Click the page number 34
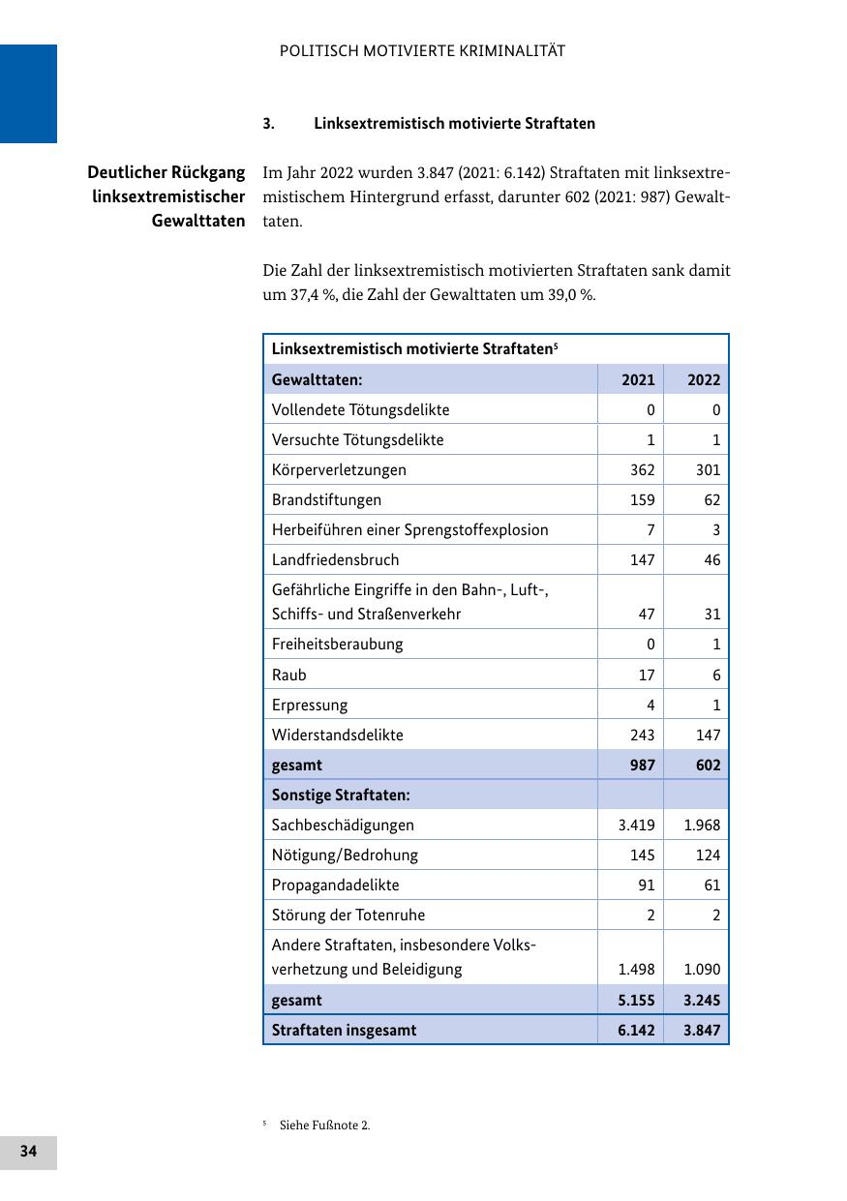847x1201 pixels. (x=28, y=1152)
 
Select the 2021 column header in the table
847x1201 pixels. (x=638, y=379)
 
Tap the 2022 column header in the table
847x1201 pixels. (x=704, y=379)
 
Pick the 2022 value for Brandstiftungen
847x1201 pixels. (x=711, y=499)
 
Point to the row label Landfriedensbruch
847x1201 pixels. (x=335, y=559)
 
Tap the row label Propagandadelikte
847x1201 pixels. (x=335, y=885)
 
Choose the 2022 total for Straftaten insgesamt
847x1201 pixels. (x=702, y=1030)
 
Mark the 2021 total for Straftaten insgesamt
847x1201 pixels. (x=636, y=1030)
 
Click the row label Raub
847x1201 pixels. (x=288, y=675)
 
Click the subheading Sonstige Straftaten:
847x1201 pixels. (x=341, y=795)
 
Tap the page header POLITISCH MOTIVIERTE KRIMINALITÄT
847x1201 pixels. (x=422, y=51)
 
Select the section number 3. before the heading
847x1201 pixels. (x=268, y=124)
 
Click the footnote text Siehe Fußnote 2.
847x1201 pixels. (x=324, y=1126)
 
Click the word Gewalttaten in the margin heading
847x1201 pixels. (x=198, y=221)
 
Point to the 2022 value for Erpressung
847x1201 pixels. (x=715, y=705)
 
